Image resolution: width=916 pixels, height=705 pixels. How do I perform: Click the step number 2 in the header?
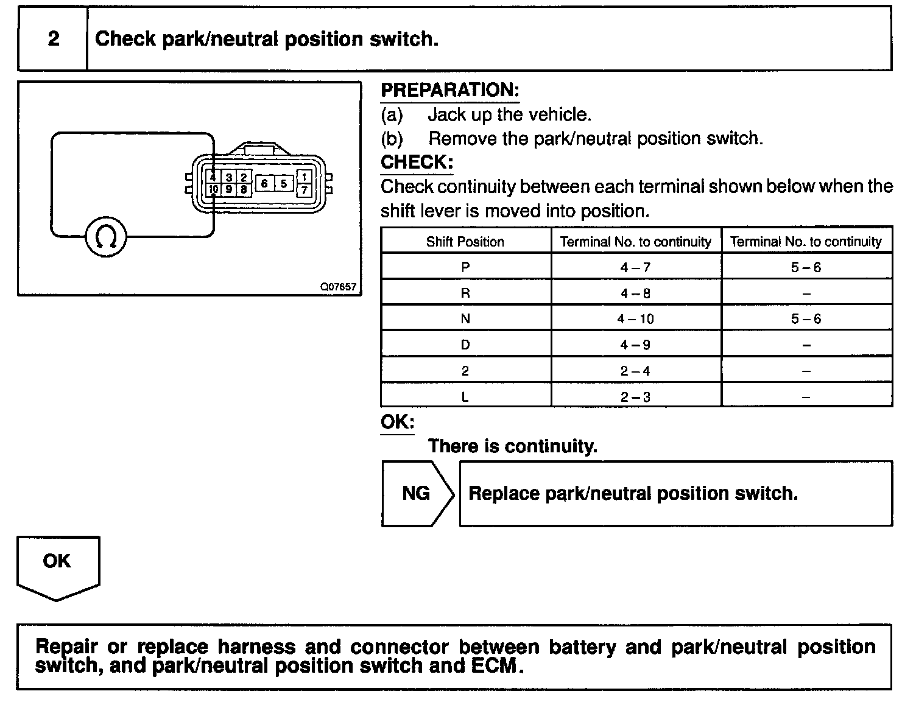54,39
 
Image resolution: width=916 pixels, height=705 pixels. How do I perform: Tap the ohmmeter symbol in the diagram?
105,237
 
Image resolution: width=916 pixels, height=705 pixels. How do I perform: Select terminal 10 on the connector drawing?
213,189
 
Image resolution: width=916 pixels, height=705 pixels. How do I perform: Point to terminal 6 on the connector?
264,183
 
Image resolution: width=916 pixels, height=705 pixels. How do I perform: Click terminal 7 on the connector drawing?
304,190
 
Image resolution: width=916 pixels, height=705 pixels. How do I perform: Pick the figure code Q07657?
339,287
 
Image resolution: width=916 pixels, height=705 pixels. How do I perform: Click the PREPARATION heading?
449,90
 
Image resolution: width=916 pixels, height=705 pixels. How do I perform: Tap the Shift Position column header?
465,242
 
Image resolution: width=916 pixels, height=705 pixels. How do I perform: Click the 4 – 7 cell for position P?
635,267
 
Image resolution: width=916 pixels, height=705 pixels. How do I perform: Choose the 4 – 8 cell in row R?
635,293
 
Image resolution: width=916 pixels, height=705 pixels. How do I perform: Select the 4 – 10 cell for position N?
635,319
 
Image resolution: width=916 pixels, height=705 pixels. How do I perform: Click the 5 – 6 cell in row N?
806,319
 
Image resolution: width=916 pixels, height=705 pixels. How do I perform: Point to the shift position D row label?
465,345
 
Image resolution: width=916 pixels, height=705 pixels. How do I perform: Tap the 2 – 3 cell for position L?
635,397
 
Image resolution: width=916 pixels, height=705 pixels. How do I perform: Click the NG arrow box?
417,493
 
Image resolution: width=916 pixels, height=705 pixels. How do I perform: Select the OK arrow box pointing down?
57,563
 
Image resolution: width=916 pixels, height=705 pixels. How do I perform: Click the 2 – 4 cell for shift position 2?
635,371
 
